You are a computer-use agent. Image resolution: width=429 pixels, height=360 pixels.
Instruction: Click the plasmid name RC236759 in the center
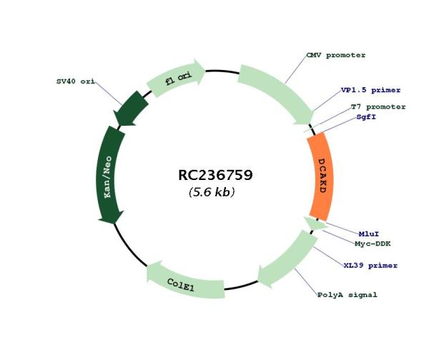[x=215, y=175]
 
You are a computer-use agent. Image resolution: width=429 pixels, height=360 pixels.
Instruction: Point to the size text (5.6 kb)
[x=212, y=192]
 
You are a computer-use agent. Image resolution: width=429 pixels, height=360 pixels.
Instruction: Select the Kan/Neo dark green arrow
[x=109, y=175]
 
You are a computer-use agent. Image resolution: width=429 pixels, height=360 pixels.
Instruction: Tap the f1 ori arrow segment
[x=176, y=79]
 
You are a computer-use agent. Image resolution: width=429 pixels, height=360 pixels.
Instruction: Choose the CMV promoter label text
[x=336, y=55]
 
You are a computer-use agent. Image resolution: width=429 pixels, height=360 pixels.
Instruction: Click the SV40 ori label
[x=76, y=81]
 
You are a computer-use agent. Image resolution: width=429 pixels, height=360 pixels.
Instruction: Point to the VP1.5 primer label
[x=370, y=90]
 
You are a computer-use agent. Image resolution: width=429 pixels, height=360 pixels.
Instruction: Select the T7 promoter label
[x=378, y=106]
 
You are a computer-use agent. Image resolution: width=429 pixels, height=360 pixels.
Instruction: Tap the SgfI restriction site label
[x=366, y=117]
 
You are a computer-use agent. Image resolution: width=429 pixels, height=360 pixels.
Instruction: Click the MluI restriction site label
[x=369, y=234]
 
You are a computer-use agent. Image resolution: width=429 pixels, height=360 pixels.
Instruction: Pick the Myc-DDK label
[x=373, y=244]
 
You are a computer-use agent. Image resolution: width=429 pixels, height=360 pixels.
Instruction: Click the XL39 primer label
[x=370, y=265]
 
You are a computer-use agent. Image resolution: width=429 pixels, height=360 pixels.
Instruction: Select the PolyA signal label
[x=347, y=295]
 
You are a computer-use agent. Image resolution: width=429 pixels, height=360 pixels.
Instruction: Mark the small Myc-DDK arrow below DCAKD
[x=315, y=224]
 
